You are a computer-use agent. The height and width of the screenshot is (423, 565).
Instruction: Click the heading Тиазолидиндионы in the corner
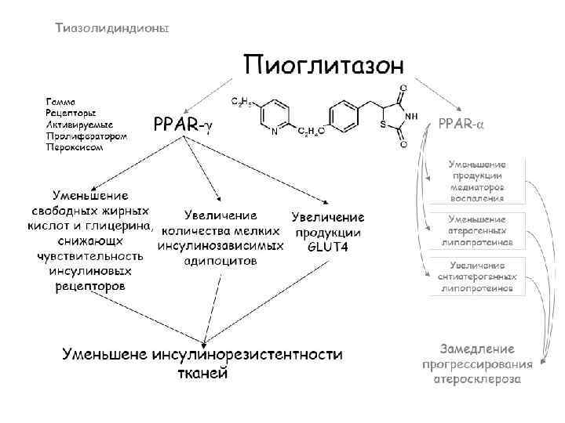[x=111, y=27]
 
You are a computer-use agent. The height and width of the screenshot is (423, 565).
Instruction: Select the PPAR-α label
[x=461, y=125]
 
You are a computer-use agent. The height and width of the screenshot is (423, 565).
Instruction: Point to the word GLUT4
[x=328, y=247]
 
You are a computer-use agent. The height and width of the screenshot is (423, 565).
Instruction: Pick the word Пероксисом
[x=74, y=146]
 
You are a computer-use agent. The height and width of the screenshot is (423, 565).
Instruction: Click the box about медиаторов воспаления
[x=476, y=182]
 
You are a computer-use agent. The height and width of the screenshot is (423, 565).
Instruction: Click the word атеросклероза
[x=477, y=378]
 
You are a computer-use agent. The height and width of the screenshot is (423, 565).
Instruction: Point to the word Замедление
[x=477, y=349]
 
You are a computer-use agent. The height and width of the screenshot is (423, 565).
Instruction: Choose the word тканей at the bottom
[x=201, y=372]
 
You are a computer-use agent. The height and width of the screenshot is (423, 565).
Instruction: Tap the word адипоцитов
[x=220, y=259]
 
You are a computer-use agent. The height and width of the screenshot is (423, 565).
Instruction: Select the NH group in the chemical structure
[x=410, y=115]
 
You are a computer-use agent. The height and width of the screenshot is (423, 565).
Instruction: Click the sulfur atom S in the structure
[x=381, y=124]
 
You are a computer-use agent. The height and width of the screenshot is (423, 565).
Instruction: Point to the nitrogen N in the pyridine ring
[x=274, y=132]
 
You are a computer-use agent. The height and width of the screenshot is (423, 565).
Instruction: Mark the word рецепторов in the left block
[x=89, y=287]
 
